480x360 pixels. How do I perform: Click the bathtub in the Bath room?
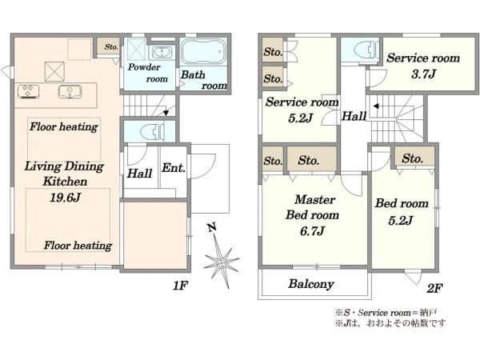(203, 51)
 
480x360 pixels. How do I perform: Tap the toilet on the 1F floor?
(152, 132)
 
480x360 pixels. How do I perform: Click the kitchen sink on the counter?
(70, 91)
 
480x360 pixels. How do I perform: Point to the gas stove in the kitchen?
(29, 91)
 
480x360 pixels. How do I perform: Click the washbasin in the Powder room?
(162, 52)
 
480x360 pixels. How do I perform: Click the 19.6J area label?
(65, 198)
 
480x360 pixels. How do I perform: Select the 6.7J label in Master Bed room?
(312, 231)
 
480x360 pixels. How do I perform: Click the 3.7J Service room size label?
(423, 74)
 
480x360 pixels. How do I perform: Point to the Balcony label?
(310, 284)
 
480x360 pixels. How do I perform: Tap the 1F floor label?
(180, 286)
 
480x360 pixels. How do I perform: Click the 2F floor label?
(434, 288)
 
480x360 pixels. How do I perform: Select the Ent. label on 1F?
(174, 168)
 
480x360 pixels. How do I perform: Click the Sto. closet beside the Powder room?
(108, 46)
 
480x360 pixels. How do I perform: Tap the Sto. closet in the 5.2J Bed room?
(414, 157)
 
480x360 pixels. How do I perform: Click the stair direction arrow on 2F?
(376, 106)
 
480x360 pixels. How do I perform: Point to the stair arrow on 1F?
(166, 113)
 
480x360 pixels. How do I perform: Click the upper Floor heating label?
(64, 126)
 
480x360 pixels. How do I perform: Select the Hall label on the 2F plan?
(354, 116)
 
